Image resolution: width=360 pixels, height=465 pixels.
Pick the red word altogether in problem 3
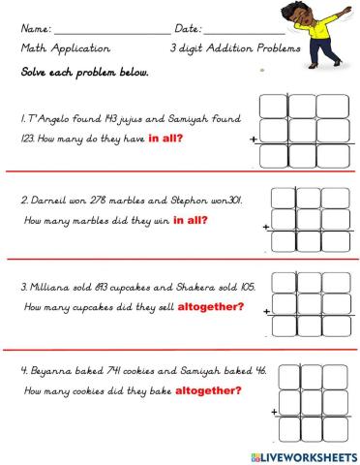pyautogui.click(x=208, y=307)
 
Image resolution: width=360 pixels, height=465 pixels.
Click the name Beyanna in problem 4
pyautogui.click(x=55, y=372)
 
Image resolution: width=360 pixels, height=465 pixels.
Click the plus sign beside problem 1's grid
pyautogui.click(x=254, y=140)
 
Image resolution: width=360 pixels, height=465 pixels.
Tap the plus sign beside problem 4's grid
pyautogui.click(x=277, y=413)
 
